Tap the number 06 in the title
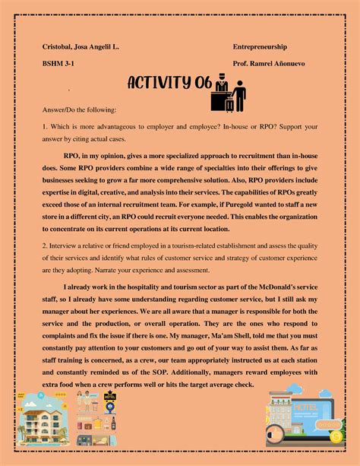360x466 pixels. [204, 83]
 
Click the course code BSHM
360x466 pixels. [55, 64]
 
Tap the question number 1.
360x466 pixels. [44, 125]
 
